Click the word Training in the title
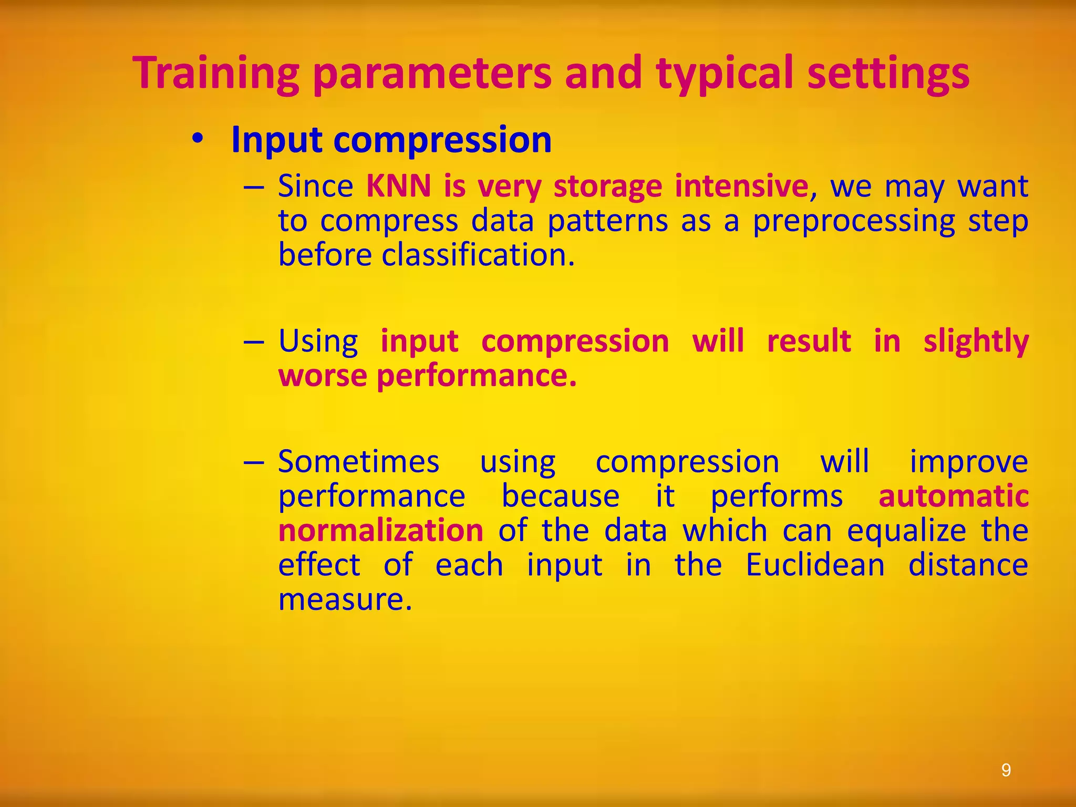[216, 74]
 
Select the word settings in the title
[888, 74]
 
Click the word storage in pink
[607, 187]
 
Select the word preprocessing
[853, 221]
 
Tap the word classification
[478, 255]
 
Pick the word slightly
[976, 342]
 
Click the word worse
[322, 376]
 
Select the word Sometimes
[358, 462]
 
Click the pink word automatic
[953, 496]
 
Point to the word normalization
[380, 531]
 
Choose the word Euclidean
[815, 565]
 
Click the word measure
[345, 599]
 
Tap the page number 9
[1006, 770]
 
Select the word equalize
[906, 531]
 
